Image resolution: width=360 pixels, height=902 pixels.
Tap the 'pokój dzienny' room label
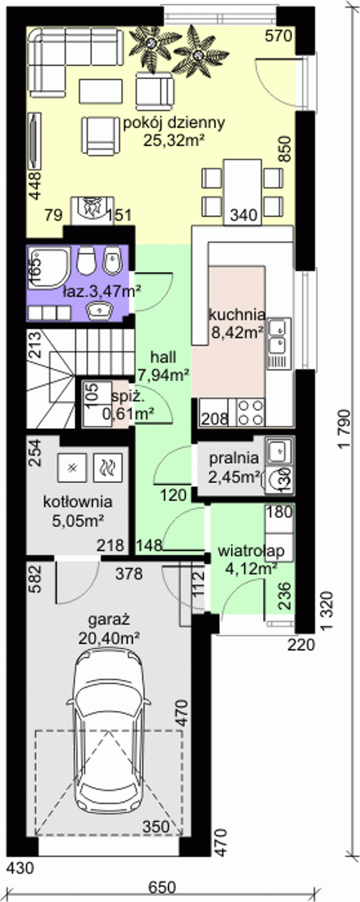click(174, 123)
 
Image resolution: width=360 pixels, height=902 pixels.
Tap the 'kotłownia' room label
click(78, 502)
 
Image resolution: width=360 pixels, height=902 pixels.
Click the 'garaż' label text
click(109, 619)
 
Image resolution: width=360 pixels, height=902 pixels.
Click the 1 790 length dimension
click(345, 428)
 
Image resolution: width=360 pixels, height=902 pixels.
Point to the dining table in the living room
click(243, 192)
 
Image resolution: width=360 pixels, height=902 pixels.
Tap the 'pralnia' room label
click(234, 458)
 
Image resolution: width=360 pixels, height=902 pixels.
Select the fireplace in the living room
click(93, 210)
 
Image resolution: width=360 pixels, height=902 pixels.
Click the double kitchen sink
click(279, 343)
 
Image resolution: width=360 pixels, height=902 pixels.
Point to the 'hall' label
click(163, 357)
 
